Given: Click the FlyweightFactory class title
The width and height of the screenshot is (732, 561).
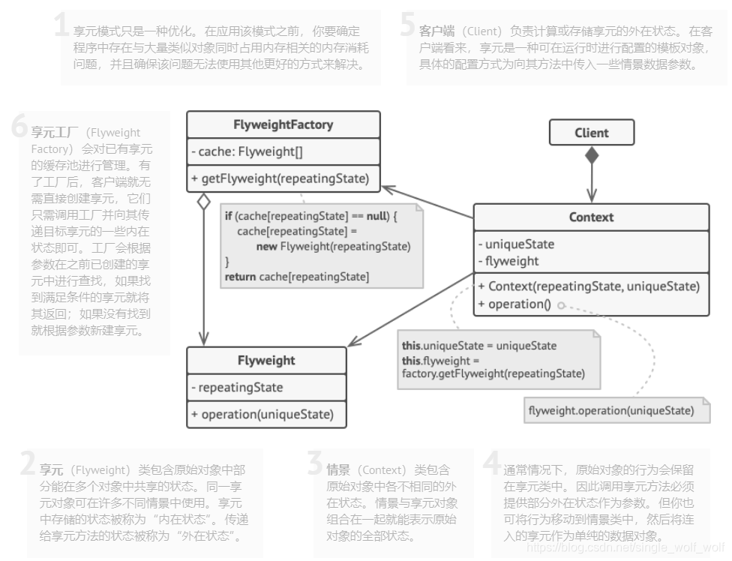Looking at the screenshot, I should coord(283,124).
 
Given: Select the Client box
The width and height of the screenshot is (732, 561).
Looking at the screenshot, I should coord(592,133).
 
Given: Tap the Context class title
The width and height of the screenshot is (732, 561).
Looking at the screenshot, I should coord(591,217).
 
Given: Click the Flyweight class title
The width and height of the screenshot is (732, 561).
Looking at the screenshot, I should coord(266,360).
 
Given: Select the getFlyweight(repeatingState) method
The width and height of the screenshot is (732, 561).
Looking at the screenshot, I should coord(280,178).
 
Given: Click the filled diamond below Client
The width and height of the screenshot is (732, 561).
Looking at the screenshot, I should coord(592,155).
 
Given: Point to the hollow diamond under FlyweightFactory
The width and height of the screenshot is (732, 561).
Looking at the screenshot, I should coord(202,202).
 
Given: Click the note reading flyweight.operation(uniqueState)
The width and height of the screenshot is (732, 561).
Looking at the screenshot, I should coord(610,410).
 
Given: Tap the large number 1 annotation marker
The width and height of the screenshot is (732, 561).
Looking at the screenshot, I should coord(62,25).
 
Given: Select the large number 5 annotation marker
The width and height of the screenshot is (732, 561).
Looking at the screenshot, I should coord(407,25).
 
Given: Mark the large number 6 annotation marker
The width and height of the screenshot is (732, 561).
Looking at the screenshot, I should coord(20,127).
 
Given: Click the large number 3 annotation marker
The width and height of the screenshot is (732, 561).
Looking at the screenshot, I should coord(316,464).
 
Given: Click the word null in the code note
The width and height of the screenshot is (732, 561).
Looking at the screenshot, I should coord(377,216).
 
